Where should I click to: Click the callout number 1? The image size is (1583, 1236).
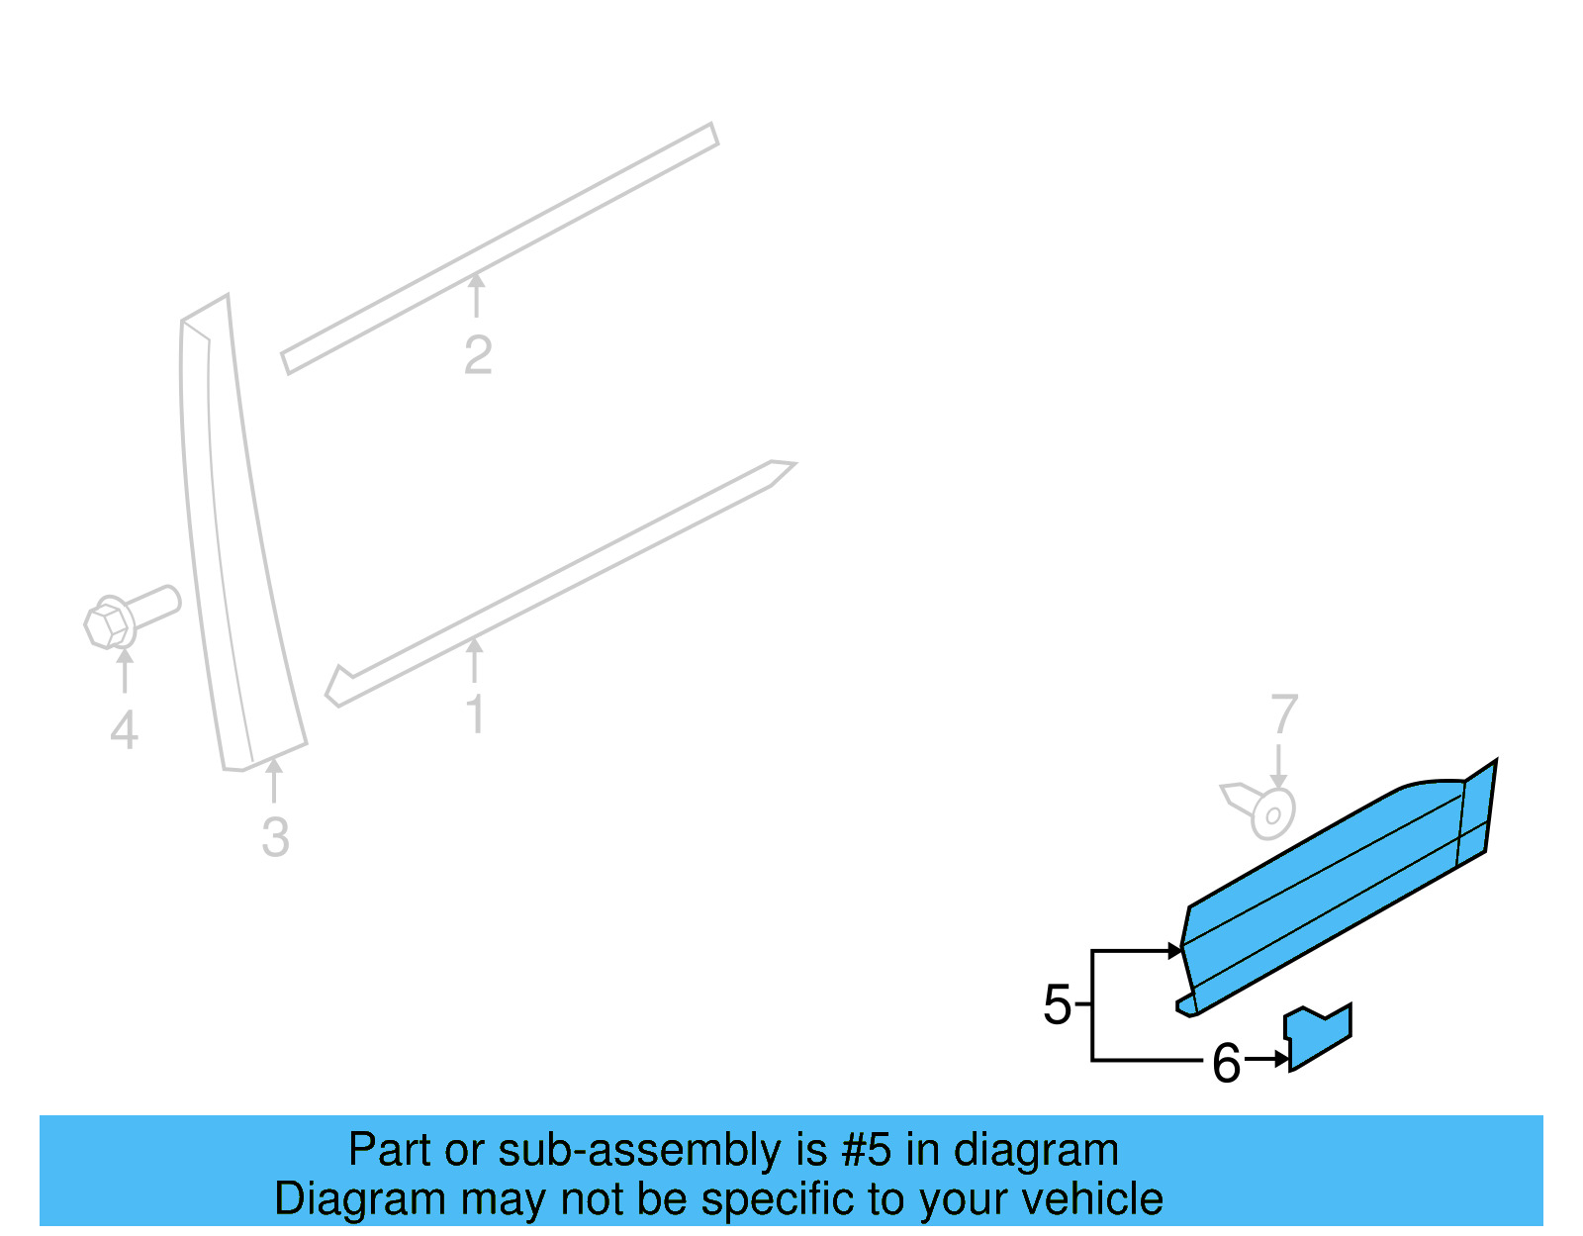click(476, 714)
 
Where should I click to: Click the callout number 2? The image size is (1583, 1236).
click(478, 355)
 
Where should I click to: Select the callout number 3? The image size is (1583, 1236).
click(275, 837)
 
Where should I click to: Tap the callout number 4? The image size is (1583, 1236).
click(124, 731)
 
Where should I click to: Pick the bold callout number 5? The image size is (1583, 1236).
click(1057, 1005)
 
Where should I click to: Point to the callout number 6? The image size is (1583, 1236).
click(1226, 1064)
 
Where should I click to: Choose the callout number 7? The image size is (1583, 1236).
click(1283, 714)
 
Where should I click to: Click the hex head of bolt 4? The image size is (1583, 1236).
click(107, 623)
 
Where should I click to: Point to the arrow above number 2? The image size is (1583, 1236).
click(477, 295)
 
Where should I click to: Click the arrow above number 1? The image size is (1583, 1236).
click(475, 660)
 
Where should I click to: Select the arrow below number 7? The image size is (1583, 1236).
click(1279, 766)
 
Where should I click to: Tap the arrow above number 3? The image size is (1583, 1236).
click(274, 780)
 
